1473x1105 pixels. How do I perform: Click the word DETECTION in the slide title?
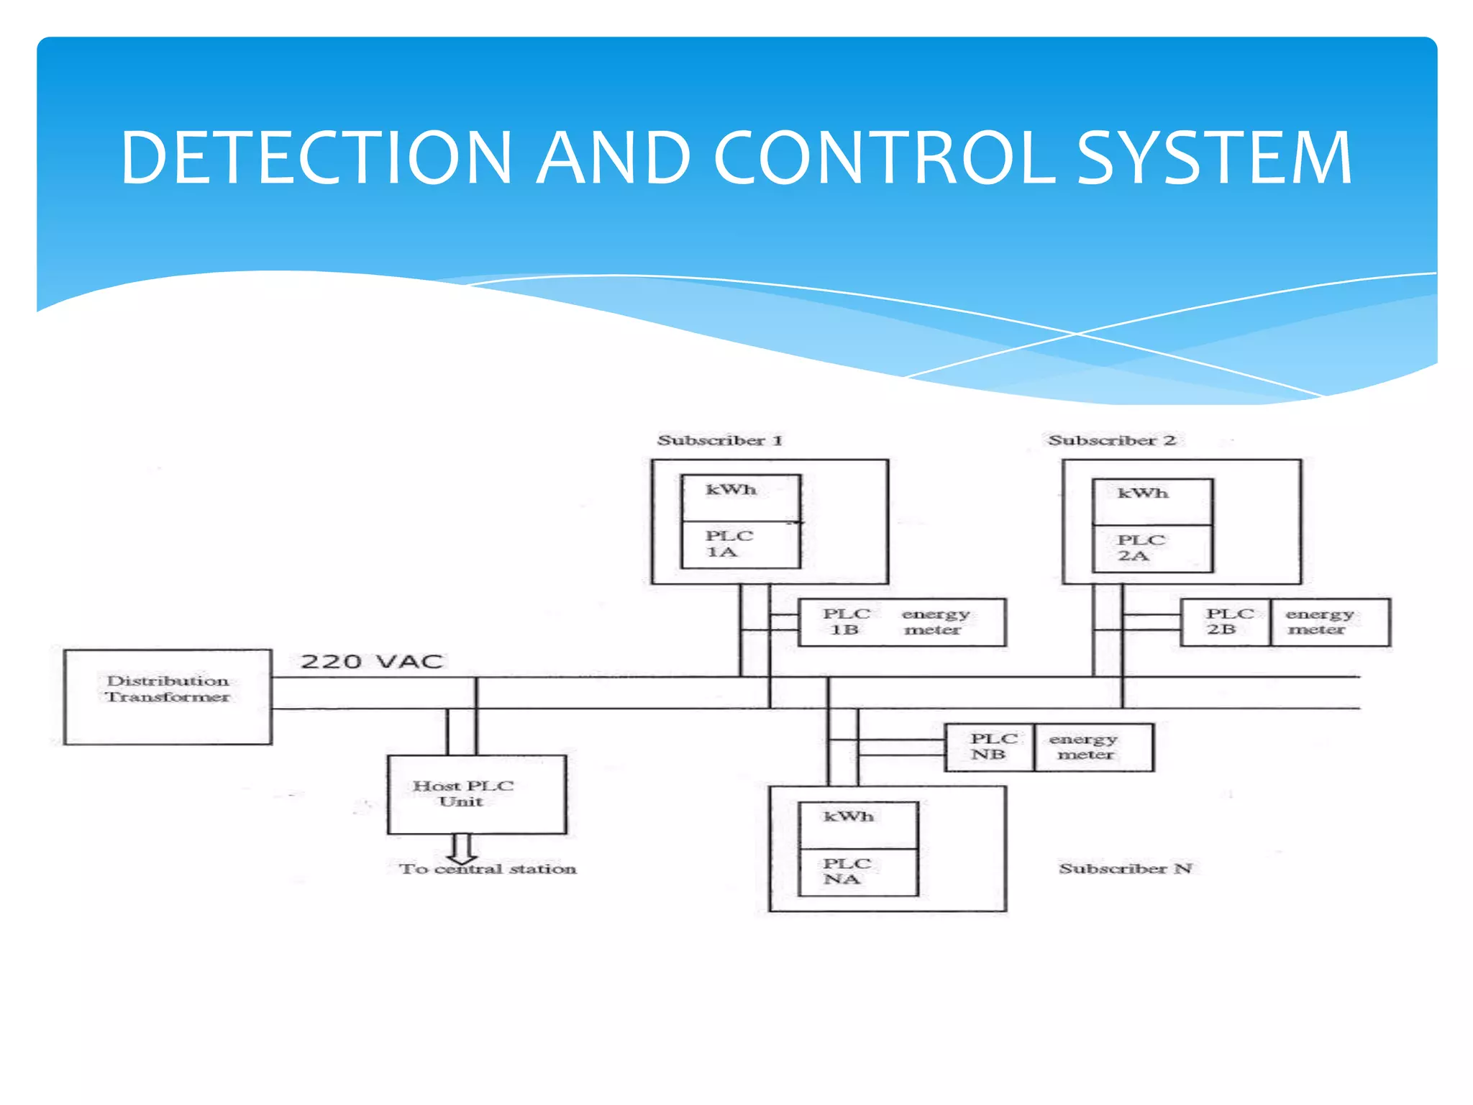point(316,158)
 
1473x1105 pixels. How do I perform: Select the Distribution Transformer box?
point(168,696)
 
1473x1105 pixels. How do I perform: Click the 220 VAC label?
point(371,661)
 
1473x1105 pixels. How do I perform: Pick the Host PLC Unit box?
point(476,794)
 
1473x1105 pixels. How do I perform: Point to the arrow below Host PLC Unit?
point(462,850)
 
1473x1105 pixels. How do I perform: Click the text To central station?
point(488,869)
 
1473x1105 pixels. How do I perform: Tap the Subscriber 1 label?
point(719,440)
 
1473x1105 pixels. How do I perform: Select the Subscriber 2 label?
point(1112,440)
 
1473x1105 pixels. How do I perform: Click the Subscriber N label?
point(1126,868)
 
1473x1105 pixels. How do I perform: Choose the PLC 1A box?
point(741,545)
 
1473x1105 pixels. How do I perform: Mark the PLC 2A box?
point(1152,548)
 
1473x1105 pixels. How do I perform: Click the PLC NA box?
point(859,872)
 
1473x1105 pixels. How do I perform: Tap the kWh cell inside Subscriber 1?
point(741,497)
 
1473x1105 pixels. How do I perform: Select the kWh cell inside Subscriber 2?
point(1152,501)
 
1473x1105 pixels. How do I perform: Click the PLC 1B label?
point(846,622)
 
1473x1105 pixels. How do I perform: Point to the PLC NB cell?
point(990,747)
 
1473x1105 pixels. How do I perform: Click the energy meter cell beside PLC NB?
point(1093,747)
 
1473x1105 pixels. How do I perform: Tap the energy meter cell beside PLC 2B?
point(1329,622)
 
